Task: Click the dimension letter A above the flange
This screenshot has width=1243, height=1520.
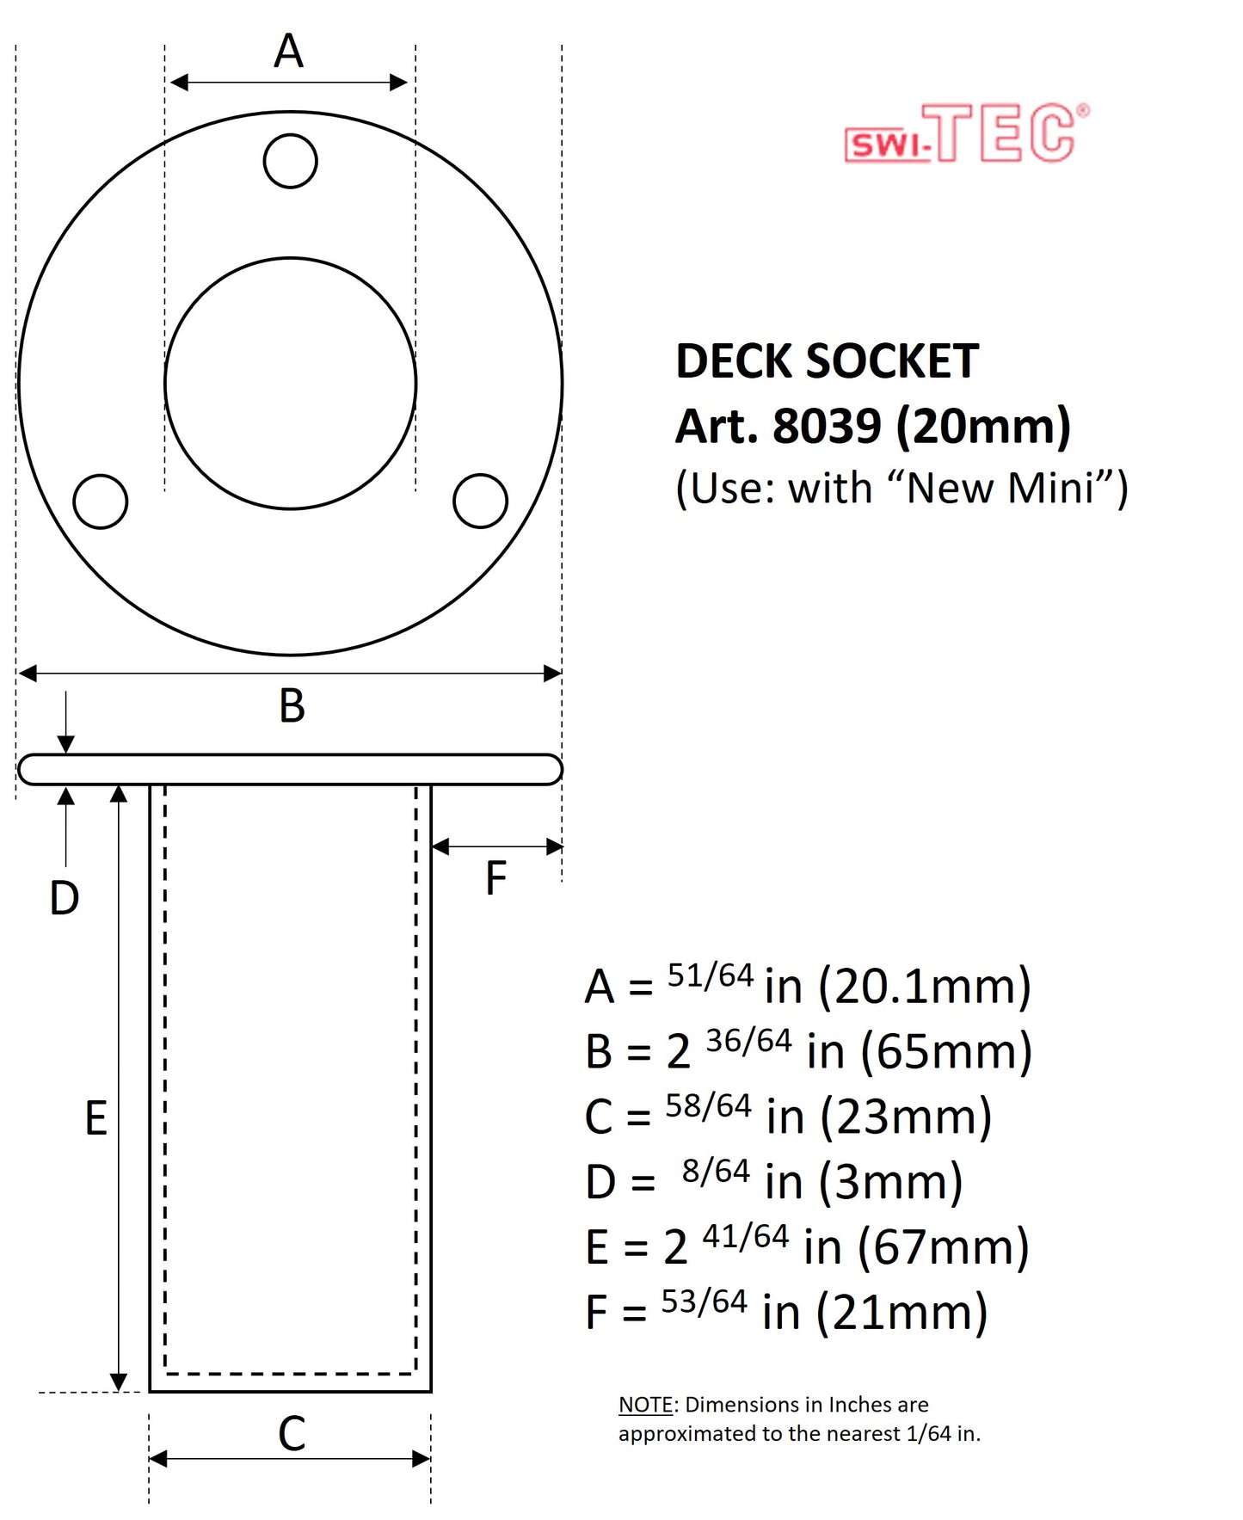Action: pyautogui.click(x=289, y=51)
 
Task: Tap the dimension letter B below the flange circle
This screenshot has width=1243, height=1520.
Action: pyautogui.click(x=292, y=706)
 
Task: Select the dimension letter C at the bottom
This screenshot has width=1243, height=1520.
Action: pyautogui.click(x=292, y=1434)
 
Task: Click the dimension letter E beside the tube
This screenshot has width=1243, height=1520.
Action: pyautogui.click(x=95, y=1118)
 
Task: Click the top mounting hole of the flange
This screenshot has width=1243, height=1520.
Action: pyautogui.click(x=290, y=161)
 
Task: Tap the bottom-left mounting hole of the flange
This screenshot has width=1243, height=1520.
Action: pyautogui.click(x=101, y=501)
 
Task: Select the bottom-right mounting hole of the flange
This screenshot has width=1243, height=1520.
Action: pyautogui.click(x=480, y=501)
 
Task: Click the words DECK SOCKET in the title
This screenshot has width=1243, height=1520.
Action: pyautogui.click(x=827, y=361)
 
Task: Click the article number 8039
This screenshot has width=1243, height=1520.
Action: pyautogui.click(x=827, y=426)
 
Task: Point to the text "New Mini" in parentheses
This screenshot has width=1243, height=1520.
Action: pyautogui.click(x=1003, y=488)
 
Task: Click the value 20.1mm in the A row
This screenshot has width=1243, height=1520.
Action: pyautogui.click(x=925, y=987)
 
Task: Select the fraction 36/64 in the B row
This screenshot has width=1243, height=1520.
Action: pyautogui.click(x=748, y=1041)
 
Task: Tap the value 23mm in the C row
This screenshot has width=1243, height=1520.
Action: pyautogui.click(x=906, y=1117)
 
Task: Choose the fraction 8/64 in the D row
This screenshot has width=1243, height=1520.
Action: pyautogui.click(x=716, y=1171)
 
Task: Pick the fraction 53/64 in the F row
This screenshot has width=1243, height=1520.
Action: pyautogui.click(x=704, y=1302)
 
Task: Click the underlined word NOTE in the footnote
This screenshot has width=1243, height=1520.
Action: pyautogui.click(x=645, y=1405)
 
